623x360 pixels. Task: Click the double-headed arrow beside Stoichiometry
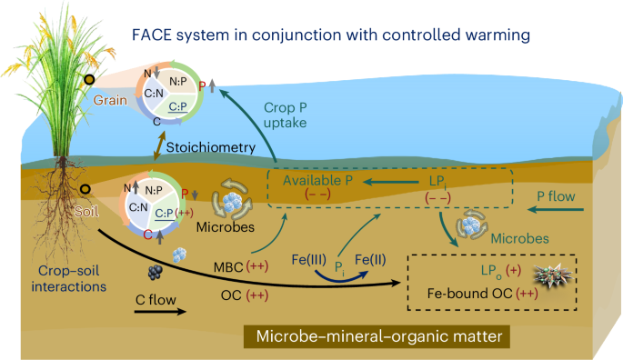tap(159, 143)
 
